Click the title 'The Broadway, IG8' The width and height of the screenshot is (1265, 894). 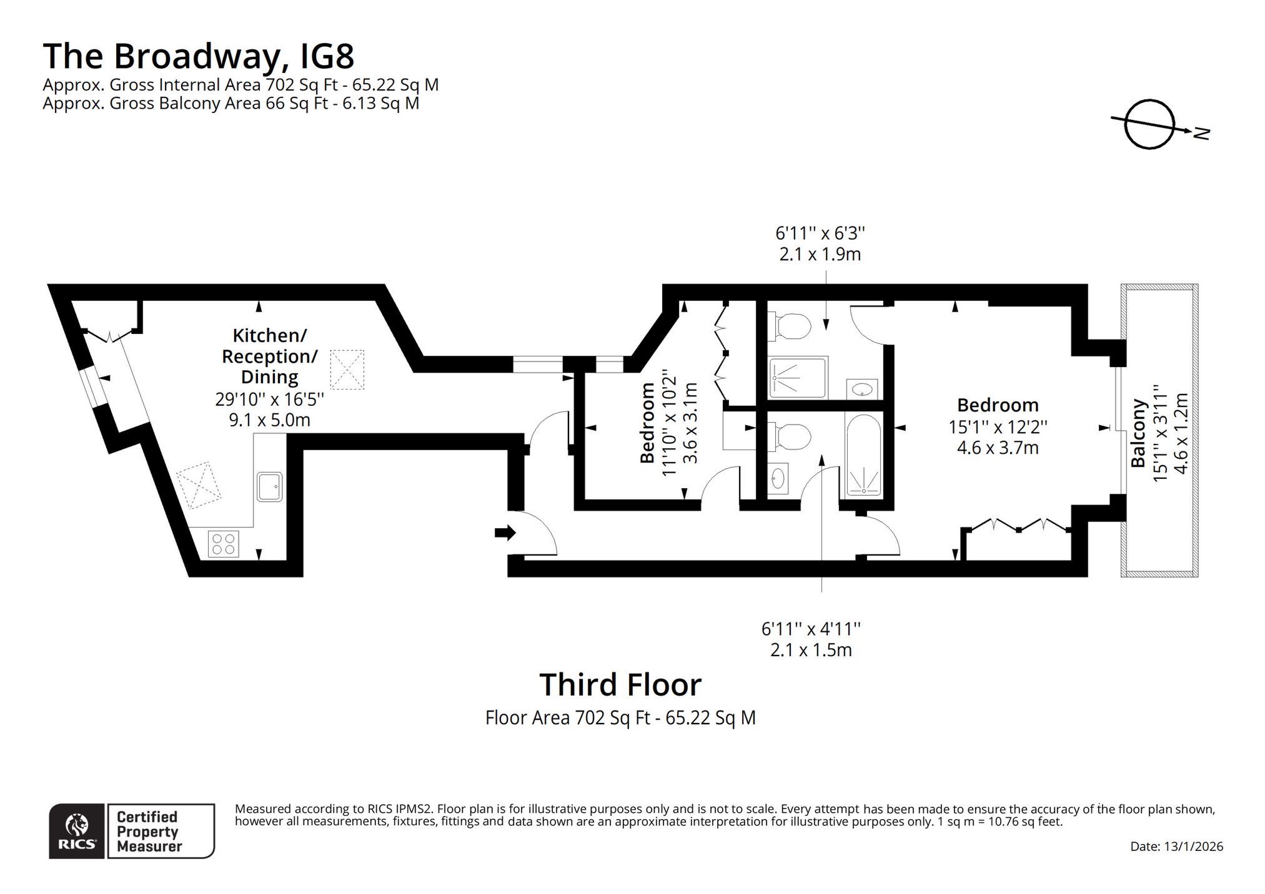(x=199, y=56)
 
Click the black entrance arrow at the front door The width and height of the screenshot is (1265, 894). (x=505, y=533)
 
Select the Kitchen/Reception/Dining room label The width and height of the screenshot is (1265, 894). (x=270, y=356)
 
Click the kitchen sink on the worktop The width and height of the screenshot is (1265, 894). (x=270, y=486)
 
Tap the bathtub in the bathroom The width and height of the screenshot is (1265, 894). (x=863, y=455)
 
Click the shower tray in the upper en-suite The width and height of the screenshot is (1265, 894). (x=798, y=377)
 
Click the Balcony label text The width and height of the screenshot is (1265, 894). (x=1138, y=433)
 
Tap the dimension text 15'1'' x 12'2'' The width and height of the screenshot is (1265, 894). (x=998, y=427)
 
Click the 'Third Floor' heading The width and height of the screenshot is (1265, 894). (x=620, y=684)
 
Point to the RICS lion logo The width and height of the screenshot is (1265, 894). (x=77, y=831)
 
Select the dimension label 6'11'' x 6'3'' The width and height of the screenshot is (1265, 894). (x=820, y=233)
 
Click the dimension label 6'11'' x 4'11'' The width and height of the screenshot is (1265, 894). (x=811, y=629)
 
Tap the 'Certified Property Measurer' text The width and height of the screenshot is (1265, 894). (x=149, y=832)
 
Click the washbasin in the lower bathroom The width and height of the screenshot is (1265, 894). (x=778, y=479)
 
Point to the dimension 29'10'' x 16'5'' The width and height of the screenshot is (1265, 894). (x=270, y=399)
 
